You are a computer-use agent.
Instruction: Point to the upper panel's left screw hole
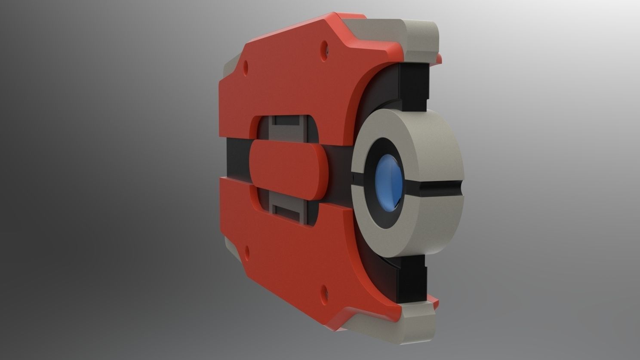246,67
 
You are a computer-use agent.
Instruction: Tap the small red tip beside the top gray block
439,59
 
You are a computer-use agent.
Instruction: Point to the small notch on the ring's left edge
352,178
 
